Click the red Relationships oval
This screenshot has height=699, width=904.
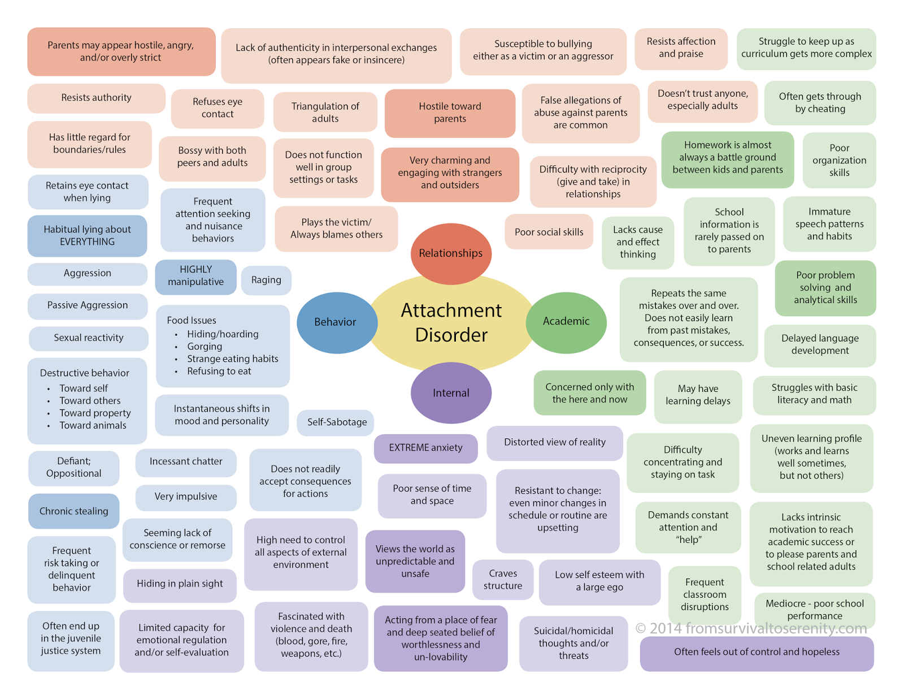(x=450, y=253)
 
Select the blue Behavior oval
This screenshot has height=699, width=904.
(x=336, y=322)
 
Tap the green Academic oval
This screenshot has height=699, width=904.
(x=566, y=321)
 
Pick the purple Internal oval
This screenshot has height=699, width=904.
(x=451, y=393)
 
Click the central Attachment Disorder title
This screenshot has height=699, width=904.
(x=451, y=322)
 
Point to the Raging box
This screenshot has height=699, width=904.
(x=266, y=280)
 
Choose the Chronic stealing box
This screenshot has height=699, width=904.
(x=73, y=511)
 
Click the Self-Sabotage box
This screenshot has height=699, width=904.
(x=337, y=422)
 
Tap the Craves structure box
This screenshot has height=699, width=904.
(x=503, y=580)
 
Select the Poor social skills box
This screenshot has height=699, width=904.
(x=549, y=232)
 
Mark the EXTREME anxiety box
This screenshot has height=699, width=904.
(x=425, y=448)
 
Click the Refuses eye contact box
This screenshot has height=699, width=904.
(x=218, y=108)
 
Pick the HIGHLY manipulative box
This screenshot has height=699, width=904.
(x=195, y=276)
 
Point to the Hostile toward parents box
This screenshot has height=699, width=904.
(x=450, y=113)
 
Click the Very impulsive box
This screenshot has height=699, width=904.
(x=186, y=497)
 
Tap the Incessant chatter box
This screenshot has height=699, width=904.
(x=186, y=461)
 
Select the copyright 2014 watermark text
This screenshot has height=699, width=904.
(x=751, y=628)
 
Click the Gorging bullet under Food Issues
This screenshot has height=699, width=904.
(x=205, y=347)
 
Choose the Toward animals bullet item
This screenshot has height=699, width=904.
(x=93, y=425)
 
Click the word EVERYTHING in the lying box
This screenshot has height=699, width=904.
(x=87, y=242)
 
